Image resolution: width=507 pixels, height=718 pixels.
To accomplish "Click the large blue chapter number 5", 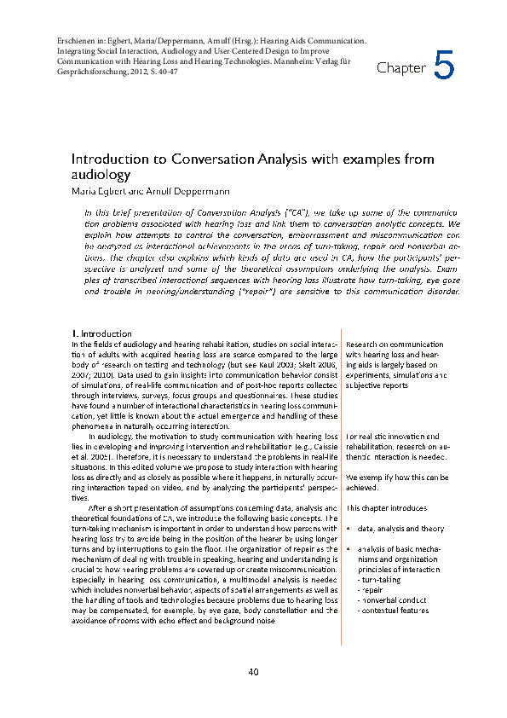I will click(x=445, y=66).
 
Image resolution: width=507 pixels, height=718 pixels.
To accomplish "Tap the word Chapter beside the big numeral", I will click(x=400, y=68).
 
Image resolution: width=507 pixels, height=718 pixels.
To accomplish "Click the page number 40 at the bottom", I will click(x=253, y=672).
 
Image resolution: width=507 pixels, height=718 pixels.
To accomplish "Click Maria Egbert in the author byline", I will click(x=96, y=191).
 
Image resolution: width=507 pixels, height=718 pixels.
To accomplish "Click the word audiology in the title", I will click(x=101, y=175).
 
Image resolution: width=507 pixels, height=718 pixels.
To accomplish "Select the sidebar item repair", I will click(x=371, y=588).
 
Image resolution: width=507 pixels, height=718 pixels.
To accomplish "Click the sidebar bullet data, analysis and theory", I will click(x=400, y=529).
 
